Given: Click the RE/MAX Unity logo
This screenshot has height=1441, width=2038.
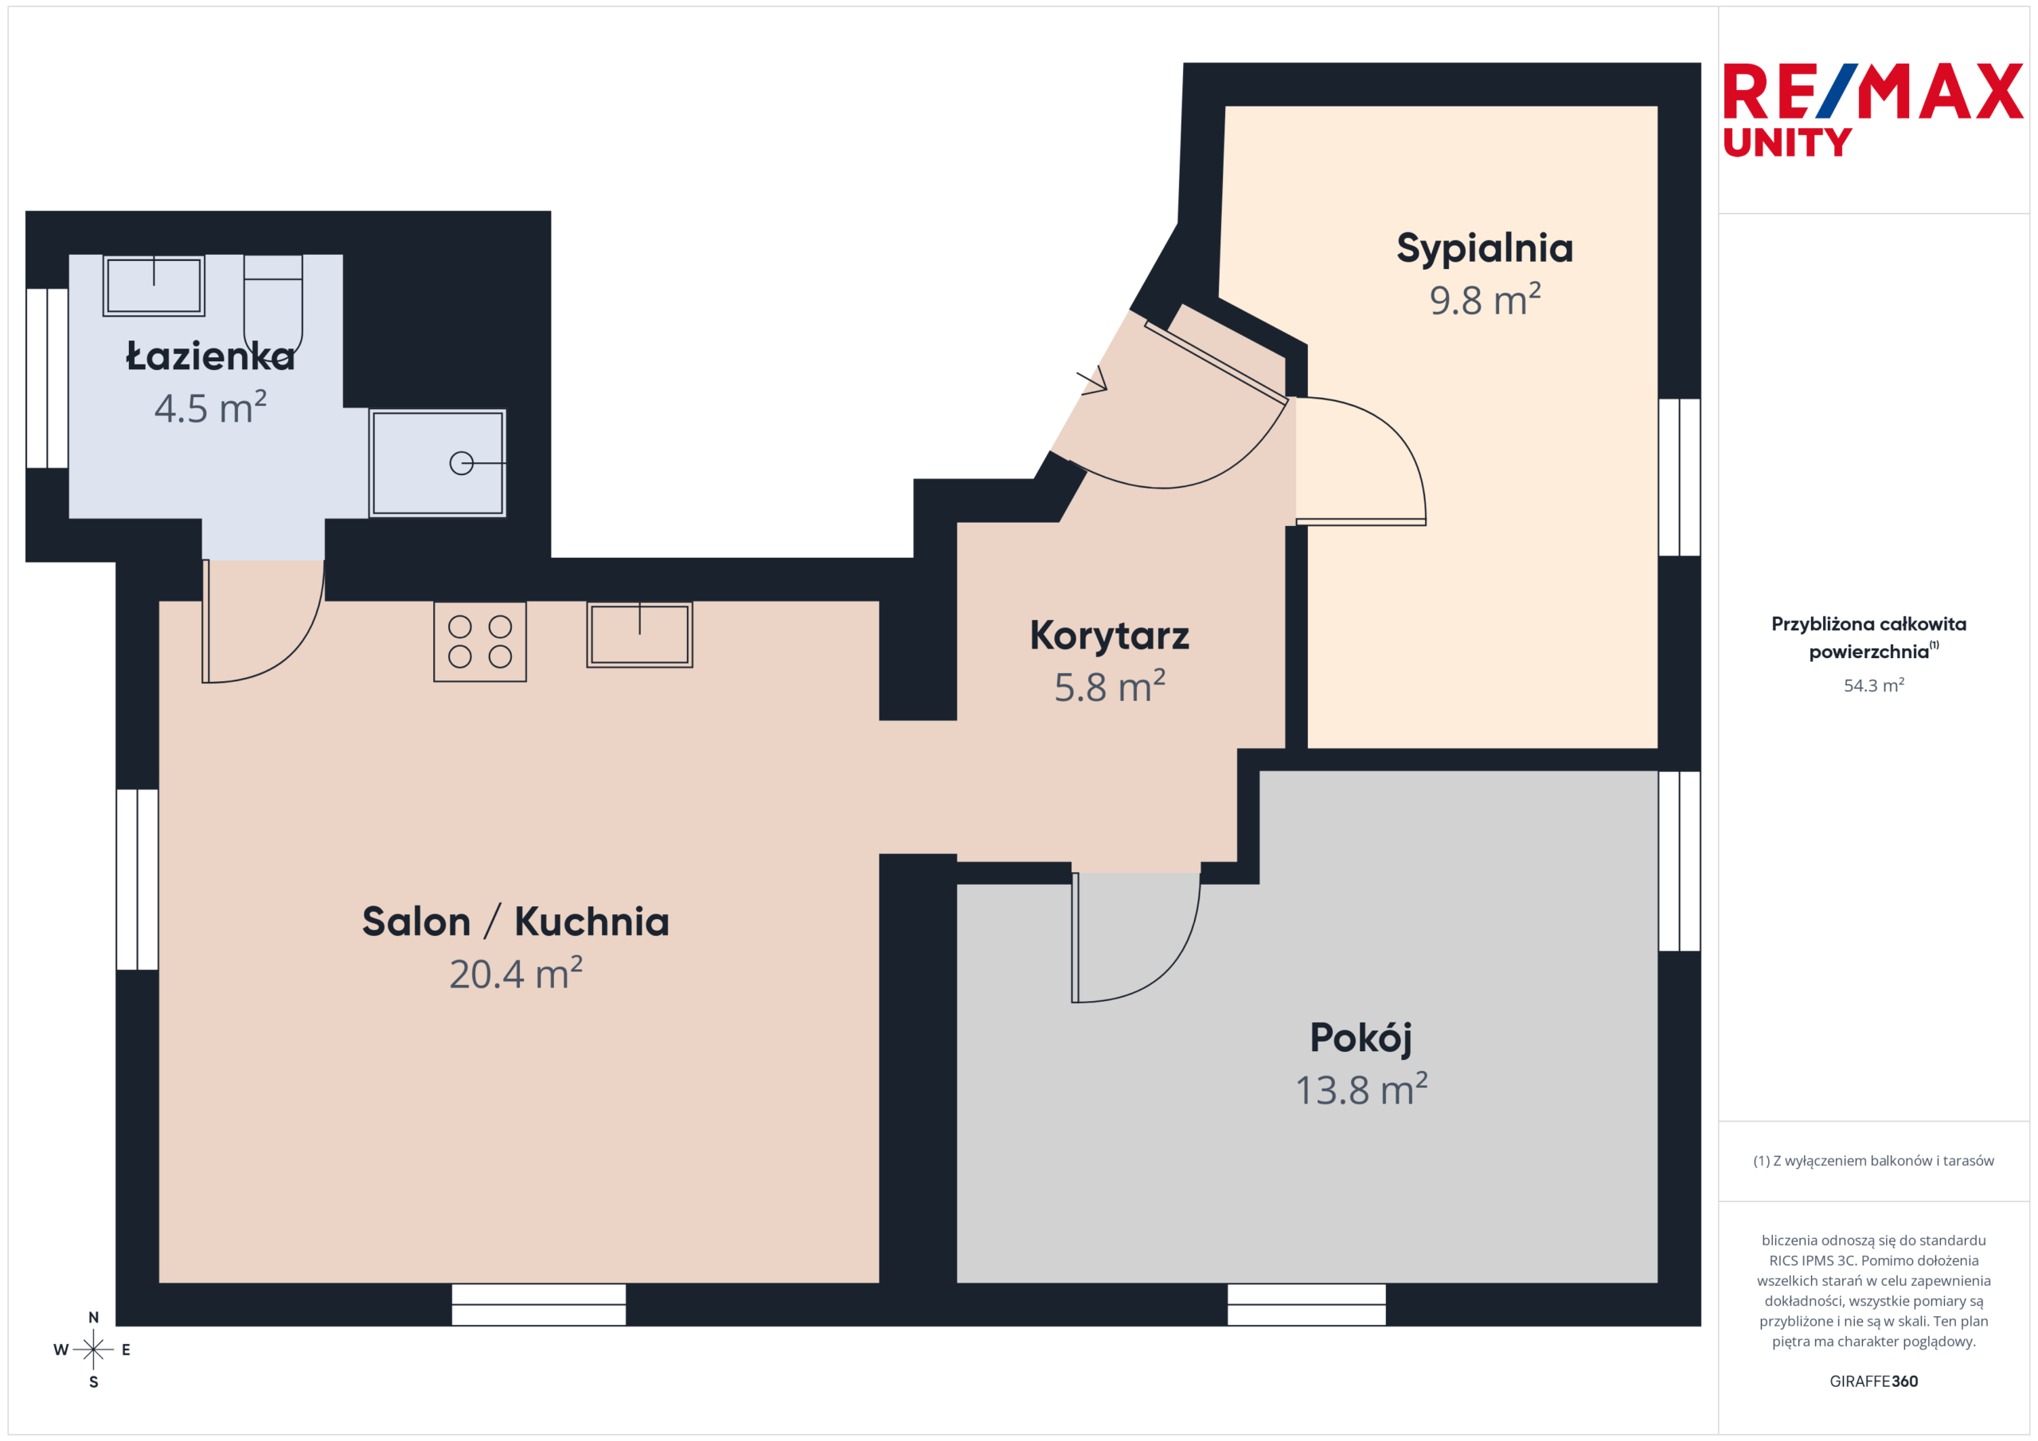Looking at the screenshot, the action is pyautogui.click(x=1873, y=110).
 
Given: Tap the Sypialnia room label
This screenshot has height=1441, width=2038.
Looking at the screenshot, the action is pyautogui.click(x=1485, y=248).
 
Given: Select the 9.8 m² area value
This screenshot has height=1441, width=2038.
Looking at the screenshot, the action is pyautogui.click(x=1485, y=300).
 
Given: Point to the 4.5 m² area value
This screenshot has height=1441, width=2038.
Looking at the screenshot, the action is pyautogui.click(x=210, y=407).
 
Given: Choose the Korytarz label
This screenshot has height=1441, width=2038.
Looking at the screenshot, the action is pyautogui.click(x=1110, y=635).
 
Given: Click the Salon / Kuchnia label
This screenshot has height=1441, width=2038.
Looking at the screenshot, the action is pyautogui.click(x=516, y=921).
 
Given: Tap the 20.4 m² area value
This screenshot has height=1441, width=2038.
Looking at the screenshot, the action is pyautogui.click(x=516, y=973).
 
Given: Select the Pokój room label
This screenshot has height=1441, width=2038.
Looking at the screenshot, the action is pyautogui.click(x=1361, y=1038).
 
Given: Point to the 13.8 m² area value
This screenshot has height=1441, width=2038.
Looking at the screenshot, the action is pyautogui.click(x=1361, y=1089).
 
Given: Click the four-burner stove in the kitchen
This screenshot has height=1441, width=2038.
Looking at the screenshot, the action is pyautogui.click(x=480, y=641).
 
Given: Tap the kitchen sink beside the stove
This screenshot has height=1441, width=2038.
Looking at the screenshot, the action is pyautogui.click(x=639, y=634).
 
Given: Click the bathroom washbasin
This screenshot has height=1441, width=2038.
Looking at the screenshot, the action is pyautogui.click(x=154, y=286).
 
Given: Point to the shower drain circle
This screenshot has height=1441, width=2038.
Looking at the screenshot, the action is pyautogui.click(x=462, y=463).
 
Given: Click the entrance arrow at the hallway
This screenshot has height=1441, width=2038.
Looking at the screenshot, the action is pyautogui.click(x=1093, y=380).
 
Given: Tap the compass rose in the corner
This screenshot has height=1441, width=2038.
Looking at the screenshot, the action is pyautogui.click(x=93, y=1349).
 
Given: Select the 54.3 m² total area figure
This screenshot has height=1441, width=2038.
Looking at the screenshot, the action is pyautogui.click(x=1874, y=685).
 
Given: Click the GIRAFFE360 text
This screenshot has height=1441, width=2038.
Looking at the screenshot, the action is pyautogui.click(x=1874, y=1381).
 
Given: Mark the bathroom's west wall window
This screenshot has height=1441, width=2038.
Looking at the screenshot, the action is pyautogui.click(x=47, y=378).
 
